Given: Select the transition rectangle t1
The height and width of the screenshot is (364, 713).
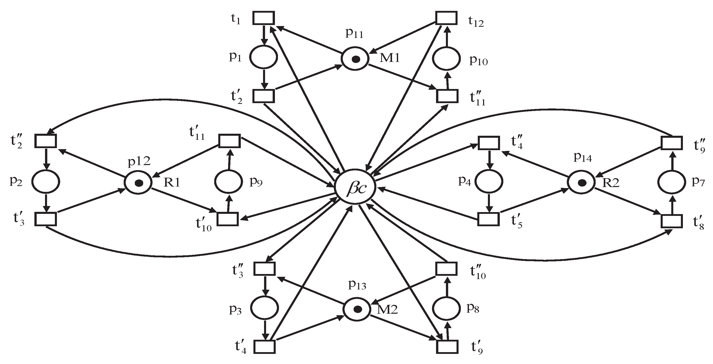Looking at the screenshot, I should coord(264,18).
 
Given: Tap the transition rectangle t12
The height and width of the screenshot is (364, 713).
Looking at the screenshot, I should coord(446,18).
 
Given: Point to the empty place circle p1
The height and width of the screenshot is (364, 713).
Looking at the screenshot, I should coord(263,57).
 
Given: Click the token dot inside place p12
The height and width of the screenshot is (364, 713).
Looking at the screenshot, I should coord(139,183).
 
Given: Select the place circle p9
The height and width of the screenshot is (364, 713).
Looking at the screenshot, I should coord(229,182).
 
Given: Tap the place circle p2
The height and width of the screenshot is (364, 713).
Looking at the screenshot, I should coord(46,182).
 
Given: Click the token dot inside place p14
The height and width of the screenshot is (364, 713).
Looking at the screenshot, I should coord(582,183).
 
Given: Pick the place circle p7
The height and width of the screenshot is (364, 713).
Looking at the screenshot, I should coord(672,183).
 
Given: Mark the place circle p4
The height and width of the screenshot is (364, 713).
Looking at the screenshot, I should coord(489,182).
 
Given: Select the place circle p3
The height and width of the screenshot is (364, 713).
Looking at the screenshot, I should coord(264,308).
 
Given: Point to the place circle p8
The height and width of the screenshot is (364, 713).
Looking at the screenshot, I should coord(446,308).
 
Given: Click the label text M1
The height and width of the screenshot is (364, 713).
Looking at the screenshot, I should coord(390,58).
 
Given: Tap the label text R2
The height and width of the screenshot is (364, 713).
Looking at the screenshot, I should coord(611,183).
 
